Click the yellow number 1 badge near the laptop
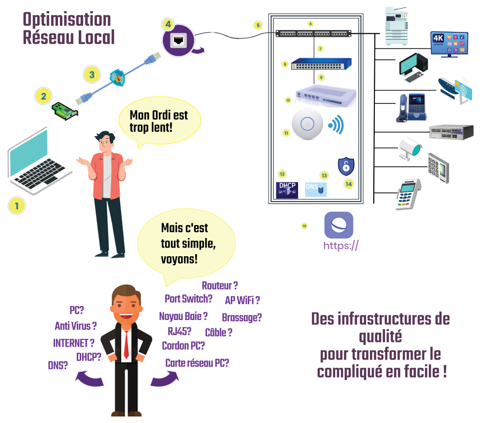17,206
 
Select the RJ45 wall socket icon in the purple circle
178,40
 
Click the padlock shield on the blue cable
117,76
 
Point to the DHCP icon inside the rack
287,189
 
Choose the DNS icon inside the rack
316,189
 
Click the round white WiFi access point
307,125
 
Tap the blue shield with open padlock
346,166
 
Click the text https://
341,246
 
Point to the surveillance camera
409,148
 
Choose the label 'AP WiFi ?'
242,300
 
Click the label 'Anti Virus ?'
75,326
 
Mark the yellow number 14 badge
348,184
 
